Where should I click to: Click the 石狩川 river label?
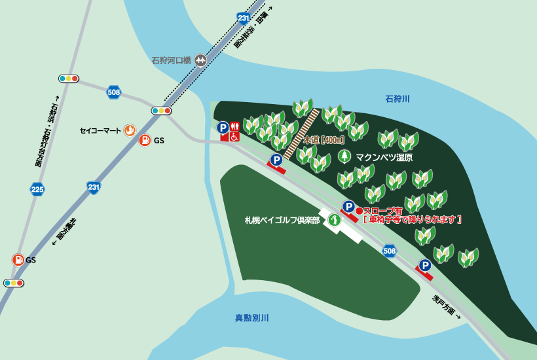398,99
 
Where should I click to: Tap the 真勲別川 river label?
252,318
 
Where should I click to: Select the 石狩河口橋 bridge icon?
200,60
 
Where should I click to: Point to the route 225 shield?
37,190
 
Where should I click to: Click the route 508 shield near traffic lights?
115,92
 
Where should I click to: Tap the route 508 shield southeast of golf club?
390,251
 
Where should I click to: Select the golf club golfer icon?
334,220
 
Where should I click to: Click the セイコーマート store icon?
130,130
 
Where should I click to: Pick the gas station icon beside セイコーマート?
144,140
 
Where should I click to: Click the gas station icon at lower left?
18,260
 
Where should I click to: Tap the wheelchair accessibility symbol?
234,137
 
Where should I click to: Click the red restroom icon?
234,127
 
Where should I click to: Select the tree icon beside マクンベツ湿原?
344,156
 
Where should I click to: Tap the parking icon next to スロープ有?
348,207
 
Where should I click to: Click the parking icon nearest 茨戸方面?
425,265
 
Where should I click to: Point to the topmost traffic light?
68,79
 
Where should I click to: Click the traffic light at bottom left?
13,283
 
